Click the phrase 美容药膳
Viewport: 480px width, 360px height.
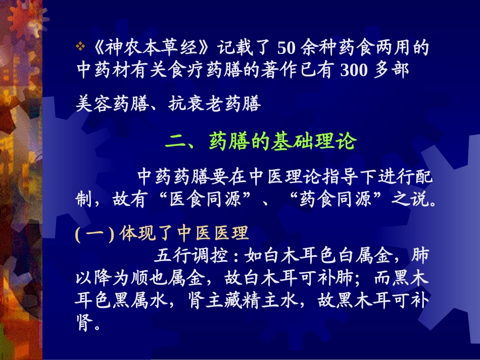click(107, 104)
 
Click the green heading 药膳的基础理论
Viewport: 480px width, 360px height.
click(282, 143)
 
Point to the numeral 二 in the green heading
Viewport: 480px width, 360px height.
click(175, 143)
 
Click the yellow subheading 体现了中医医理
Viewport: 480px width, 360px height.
click(184, 234)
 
